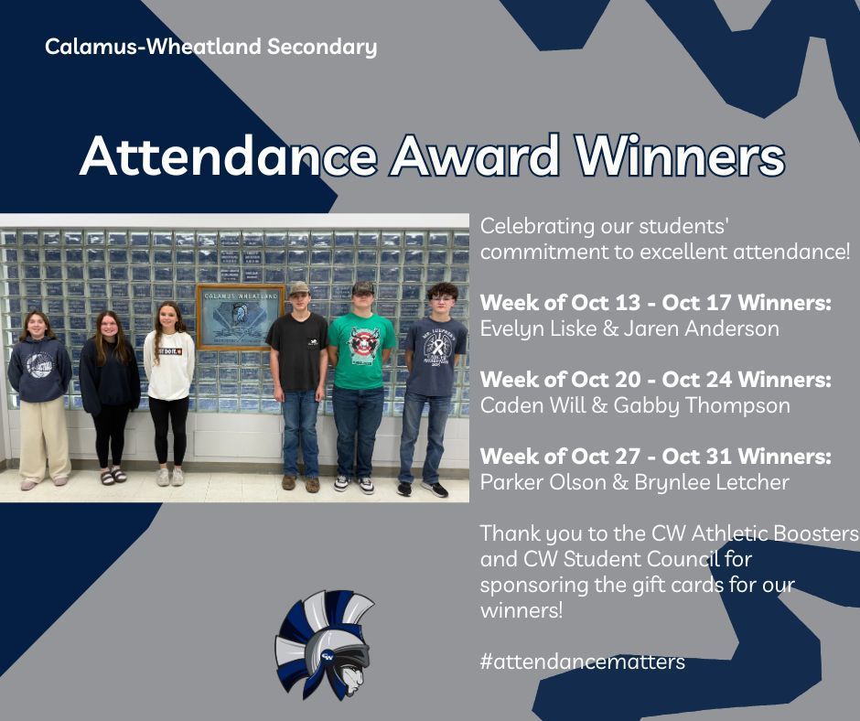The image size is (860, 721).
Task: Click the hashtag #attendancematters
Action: click(582, 662)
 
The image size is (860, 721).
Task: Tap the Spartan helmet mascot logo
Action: click(325, 645)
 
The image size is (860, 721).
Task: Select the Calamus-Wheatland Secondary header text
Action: click(210, 47)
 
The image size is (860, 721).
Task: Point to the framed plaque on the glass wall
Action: click(241, 317)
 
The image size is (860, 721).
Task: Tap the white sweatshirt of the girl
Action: click(169, 364)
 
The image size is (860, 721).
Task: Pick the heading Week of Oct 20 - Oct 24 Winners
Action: click(655, 379)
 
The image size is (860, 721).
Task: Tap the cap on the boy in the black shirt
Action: click(298, 288)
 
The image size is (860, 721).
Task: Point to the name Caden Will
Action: click(527, 405)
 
